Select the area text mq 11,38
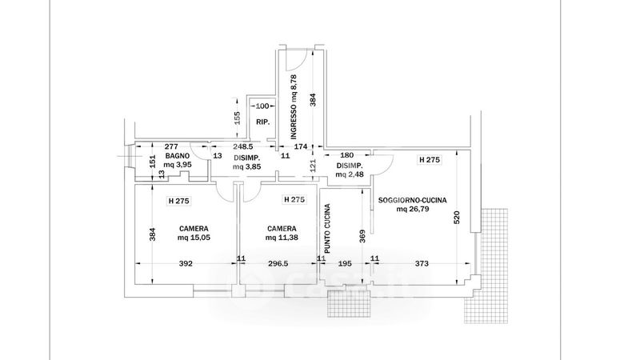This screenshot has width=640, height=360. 282,238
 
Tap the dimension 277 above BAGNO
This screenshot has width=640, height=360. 170,147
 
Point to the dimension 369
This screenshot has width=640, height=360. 362,237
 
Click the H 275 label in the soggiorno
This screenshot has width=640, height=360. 430,160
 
